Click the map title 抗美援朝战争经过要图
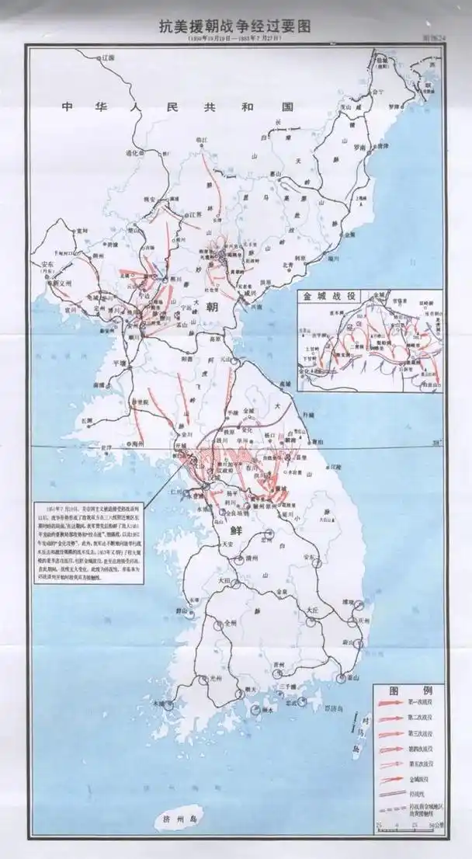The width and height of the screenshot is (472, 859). [234, 26]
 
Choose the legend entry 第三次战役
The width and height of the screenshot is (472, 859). [421, 734]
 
